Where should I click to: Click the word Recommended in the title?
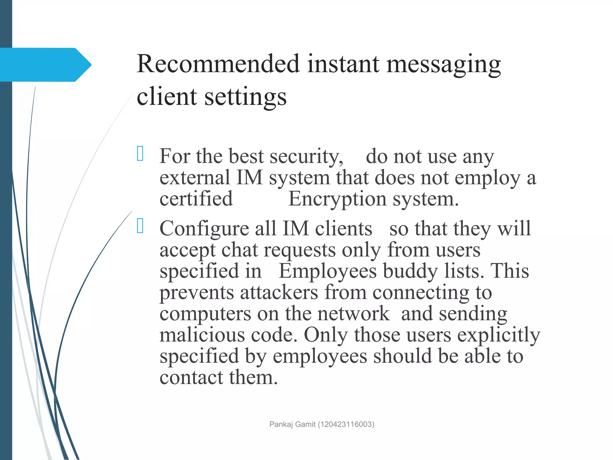[x=218, y=64]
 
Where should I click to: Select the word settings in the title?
[x=245, y=97]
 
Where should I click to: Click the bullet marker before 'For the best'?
[x=140, y=154]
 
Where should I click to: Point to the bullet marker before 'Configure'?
[x=140, y=226]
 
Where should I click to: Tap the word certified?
[x=196, y=199]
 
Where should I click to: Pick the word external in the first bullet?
[x=195, y=178]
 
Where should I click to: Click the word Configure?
[x=204, y=229]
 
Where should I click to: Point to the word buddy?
[x=410, y=271]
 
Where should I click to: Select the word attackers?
[x=279, y=292]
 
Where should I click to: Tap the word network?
[x=353, y=314]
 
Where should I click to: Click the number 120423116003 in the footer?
[x=346, y=424]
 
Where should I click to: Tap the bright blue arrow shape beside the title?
[x=45, y=65]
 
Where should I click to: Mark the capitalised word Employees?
[x=327, y=271]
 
